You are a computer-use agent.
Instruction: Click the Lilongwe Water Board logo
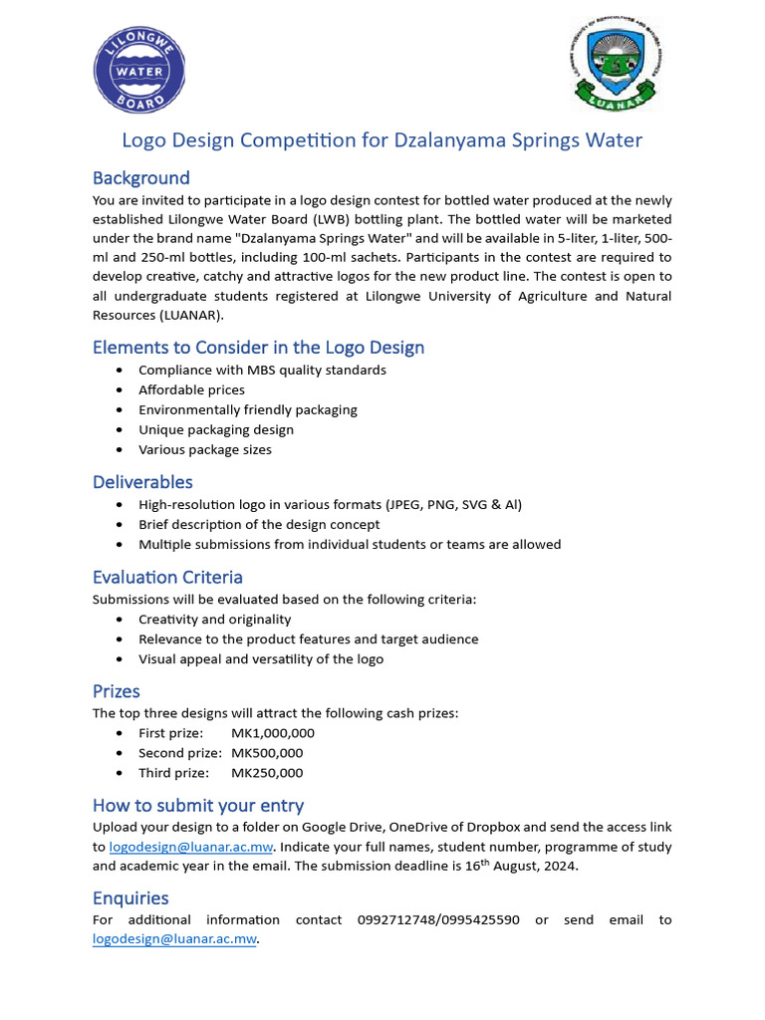(139, 71)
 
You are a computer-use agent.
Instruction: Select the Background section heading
(140, 178)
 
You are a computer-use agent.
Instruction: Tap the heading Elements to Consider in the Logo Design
(258, 348)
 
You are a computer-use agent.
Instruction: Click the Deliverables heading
(142, 482)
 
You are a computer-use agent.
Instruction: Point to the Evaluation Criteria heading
(167, 578)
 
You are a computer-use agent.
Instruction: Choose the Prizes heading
(116, 691)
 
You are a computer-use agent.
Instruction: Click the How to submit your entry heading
(198, 805)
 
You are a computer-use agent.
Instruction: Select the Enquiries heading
(130, 898)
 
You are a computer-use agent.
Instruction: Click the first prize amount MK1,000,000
(273, 733)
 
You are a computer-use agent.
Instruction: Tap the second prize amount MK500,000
(267, 753)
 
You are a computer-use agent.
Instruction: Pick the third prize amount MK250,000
(267, 773)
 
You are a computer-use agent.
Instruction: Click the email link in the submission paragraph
(190, 847)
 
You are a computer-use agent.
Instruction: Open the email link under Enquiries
(174, 939)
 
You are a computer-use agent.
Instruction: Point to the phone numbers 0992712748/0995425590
(437, 919)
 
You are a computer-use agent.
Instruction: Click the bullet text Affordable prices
(191, 389)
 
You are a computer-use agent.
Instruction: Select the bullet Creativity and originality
(214, 619)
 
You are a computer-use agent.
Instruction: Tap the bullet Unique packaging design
(216, 429)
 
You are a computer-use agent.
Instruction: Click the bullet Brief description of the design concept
(259, 524)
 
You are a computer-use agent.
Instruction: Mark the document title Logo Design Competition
(382, 140)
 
